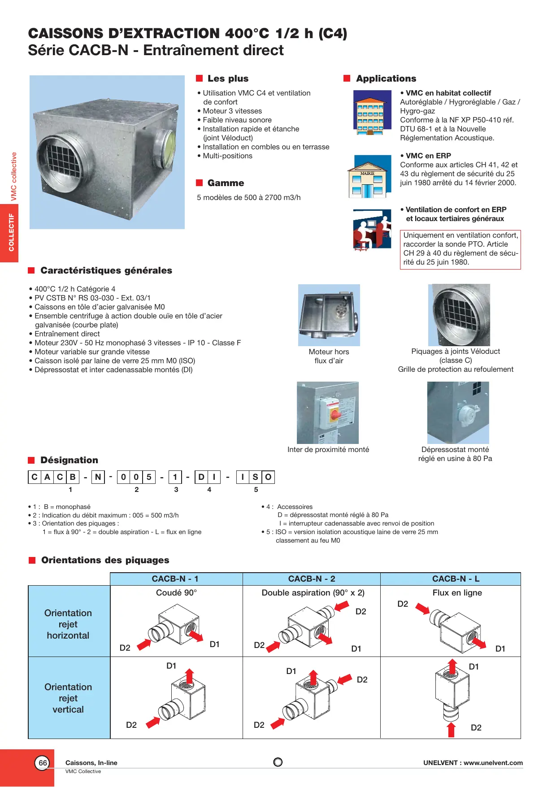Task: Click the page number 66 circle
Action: coord(43,763)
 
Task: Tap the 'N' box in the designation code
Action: coord(98,477)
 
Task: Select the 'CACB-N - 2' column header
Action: coord(312,579)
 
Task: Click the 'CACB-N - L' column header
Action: coord(456,579)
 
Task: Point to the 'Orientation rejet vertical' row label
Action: coord(68,698)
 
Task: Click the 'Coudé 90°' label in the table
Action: coord(176,593)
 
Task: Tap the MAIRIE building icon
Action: coord(368,177)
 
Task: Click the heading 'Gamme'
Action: coord(226,183)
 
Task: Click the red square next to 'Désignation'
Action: coord(31,460)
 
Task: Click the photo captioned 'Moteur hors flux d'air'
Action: coord(329,315)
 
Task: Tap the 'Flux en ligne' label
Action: coord(457,593)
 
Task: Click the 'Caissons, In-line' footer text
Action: coord(91,763)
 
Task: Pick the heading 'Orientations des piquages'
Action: coord(105,560)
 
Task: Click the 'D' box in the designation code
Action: coord(201,477)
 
